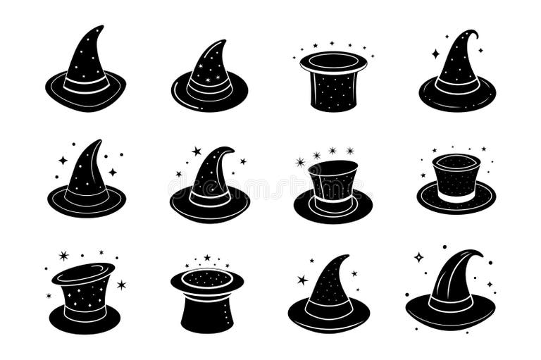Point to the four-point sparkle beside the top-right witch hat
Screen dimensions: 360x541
click(x=435, y=53)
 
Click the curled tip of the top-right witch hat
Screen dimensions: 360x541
click(x=475, y=33)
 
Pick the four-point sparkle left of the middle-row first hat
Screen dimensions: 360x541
click(x=63, y=161)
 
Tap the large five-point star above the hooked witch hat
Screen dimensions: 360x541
click(x=197, y=151)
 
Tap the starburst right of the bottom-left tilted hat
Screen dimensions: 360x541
click(x=121, y=285)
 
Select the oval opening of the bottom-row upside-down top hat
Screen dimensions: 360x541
click(x=206, y=278)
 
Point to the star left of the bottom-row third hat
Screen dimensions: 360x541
click(x=302, y=280)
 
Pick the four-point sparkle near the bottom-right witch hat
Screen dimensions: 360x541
click(x=418, y=257)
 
